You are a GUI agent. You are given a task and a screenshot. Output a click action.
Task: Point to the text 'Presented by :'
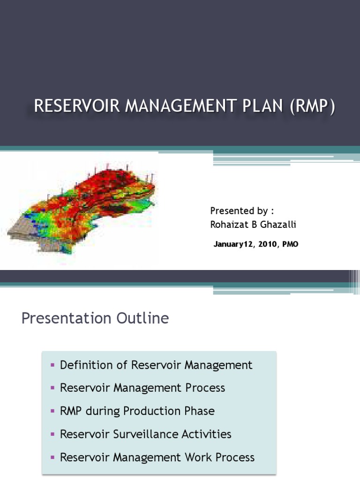240,210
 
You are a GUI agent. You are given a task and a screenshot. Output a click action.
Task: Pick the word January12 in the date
234,244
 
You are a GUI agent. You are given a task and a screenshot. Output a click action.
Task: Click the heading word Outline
141,319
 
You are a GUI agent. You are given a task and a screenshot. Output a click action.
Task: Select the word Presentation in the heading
65,319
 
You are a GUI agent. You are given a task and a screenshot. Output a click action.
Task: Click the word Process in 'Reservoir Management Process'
205,388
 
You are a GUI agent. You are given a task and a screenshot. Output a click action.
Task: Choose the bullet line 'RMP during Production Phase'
137,411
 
